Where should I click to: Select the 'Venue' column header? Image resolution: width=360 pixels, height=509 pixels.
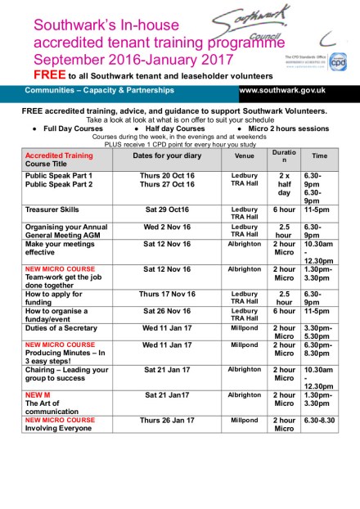click(244, 155)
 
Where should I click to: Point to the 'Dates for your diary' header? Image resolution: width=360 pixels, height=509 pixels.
click(166, 155)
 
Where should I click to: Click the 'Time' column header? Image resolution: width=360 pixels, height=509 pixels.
click(319, 155)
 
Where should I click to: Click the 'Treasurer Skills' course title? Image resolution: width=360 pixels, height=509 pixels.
click(52, 209)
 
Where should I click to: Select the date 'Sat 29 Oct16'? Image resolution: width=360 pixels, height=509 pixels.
click(166, 209)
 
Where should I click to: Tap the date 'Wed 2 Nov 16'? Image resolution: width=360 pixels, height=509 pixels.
click(166, 227)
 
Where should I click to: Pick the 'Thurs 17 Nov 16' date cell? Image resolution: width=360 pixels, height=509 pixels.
click(166, 293)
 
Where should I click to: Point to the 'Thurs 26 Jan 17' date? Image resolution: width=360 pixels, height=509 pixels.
click(166, 420)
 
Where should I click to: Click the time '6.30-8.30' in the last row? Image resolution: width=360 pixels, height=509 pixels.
click(319, 420)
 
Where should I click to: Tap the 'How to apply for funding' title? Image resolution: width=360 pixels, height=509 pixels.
click(52, 298)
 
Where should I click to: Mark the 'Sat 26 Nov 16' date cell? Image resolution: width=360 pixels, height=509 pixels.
click(166, 311)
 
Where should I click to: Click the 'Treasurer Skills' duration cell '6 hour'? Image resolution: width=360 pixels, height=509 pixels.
click(284, 209)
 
